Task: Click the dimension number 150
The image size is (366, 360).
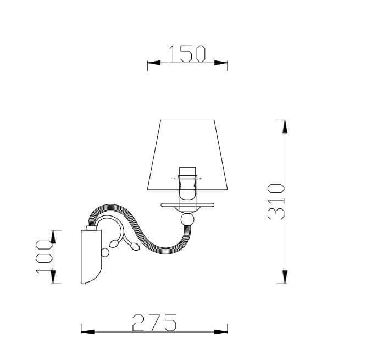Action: [187, 54]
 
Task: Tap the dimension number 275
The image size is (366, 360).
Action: [154, 323]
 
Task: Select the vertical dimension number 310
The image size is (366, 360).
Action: [276, 202]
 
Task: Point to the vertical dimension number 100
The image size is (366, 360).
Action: [44, 256]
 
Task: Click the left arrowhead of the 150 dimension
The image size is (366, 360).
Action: [154, 63]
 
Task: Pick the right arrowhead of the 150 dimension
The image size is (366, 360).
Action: [221, 63]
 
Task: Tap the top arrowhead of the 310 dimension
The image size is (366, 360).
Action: [285, 126]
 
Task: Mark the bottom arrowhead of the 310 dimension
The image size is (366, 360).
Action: [285, 277]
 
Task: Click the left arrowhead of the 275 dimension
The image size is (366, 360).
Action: [88, 332]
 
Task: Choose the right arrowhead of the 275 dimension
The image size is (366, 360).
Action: [221, 332]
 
